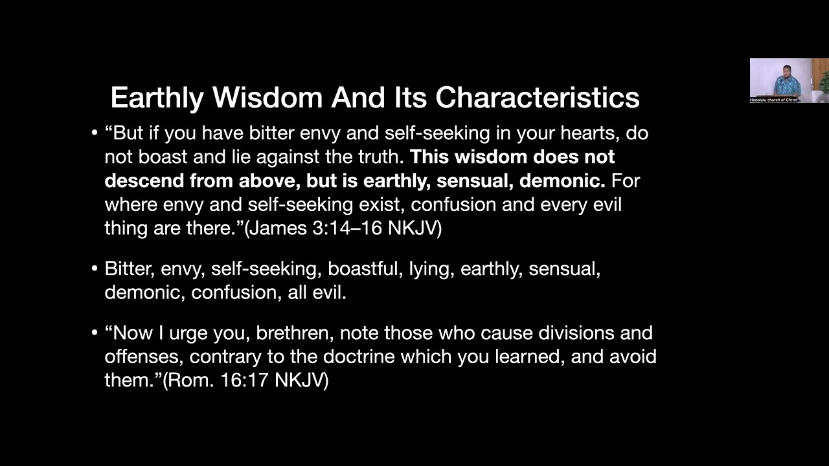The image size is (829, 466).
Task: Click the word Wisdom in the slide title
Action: pos(267,98)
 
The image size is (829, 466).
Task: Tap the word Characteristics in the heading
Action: pos(537,98)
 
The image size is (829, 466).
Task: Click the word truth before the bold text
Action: pos(378,157)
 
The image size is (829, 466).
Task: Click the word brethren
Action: pos(295,333)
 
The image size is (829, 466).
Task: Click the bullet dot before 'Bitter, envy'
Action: pos(95,269)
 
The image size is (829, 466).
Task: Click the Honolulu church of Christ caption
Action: pos(773,100)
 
